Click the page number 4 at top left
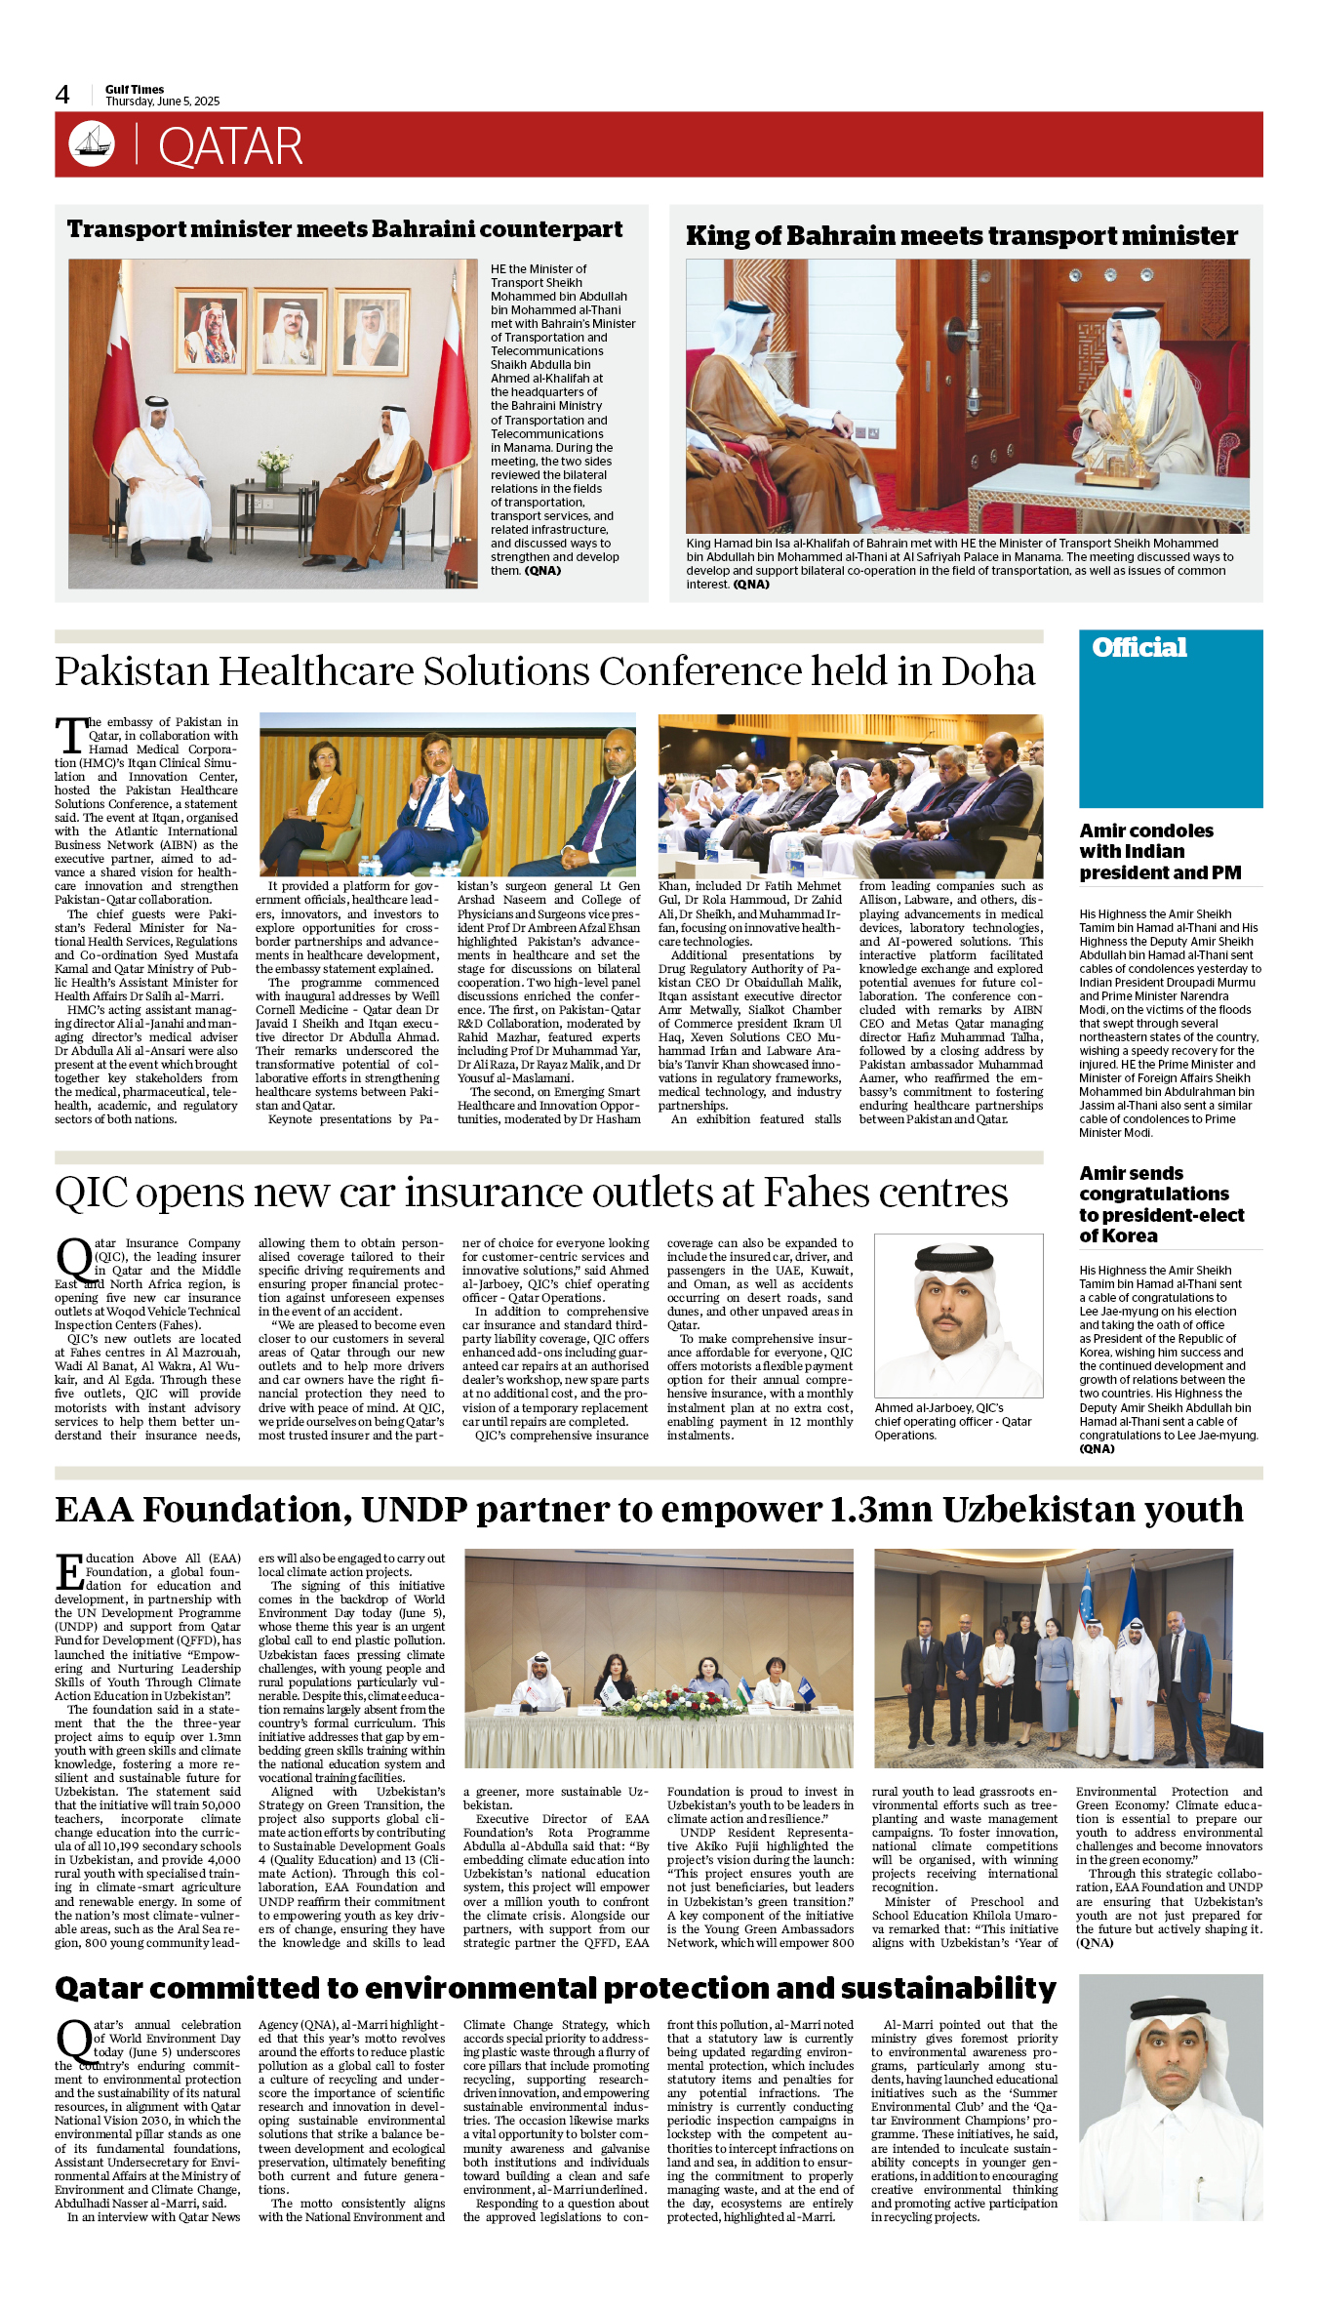pyautogui.click(x=62, y=95)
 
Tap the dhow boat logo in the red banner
pyautogui.click(x=92, y=144)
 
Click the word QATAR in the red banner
pyautogui.click(x=230, y=147)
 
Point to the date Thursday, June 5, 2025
pyautogui.click(x=162, y=101)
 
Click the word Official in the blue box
pyautogui.click(x=1138, y=648)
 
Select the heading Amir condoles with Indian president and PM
pyautogui.click(x=1160, y=852)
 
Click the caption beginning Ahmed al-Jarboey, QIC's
pyautogui.click(x=952, y=1421)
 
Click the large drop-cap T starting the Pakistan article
pyautogui.click(x=71, y=735)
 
